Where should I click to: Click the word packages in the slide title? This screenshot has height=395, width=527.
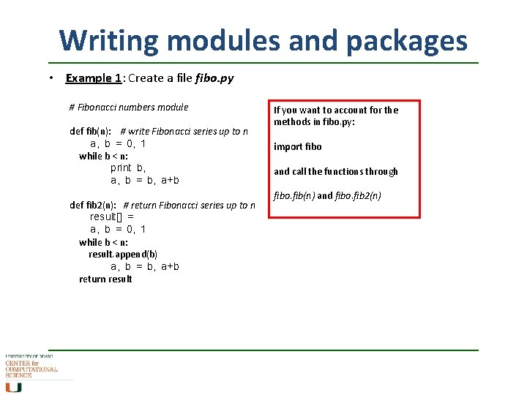[407, 40]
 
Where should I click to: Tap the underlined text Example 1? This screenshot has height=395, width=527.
[94, 78]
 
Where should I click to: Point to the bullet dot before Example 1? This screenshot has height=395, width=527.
[52, 78]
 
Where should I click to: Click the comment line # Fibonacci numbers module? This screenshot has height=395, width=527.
[128, 107]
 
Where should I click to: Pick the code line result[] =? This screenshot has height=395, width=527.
[111, 217]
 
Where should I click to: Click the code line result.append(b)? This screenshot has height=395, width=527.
[123, 254]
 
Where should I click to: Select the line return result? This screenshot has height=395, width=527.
[105, 279]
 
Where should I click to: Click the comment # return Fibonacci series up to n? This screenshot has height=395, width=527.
[190, 205]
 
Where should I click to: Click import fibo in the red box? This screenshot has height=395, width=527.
[298, 146]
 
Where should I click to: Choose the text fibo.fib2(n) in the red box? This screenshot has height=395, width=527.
[358, 196]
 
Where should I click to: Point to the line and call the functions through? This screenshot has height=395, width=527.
[336, 171]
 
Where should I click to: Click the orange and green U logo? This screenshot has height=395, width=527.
[13, 386]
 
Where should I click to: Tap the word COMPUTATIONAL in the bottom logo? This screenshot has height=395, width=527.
[31, 369]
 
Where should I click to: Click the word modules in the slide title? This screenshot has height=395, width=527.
[218, 40]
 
